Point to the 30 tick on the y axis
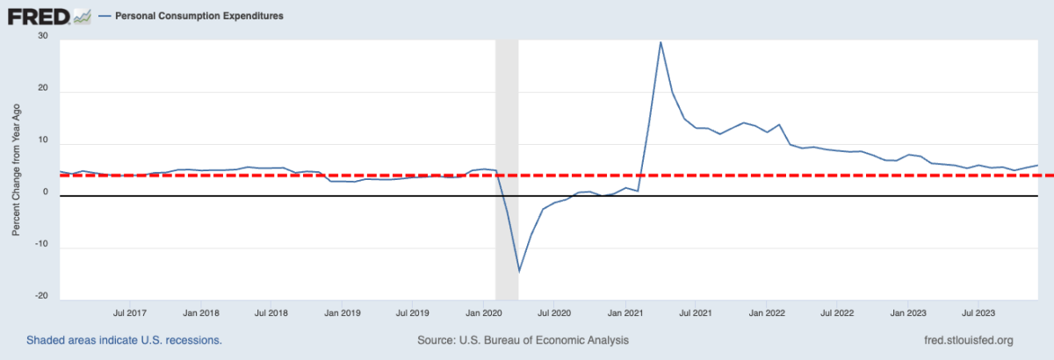[x=41, y=36]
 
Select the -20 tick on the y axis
[x=40, y=296]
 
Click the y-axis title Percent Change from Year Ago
[x=15, y=169]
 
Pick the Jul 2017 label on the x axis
[x=130, y=312]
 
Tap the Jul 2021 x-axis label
[x=696, y=312]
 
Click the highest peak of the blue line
[x=661, y=42]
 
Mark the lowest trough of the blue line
[x=519, y=271]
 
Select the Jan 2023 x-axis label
[x=909, y=312]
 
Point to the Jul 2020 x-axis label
[x=554, y=312]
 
